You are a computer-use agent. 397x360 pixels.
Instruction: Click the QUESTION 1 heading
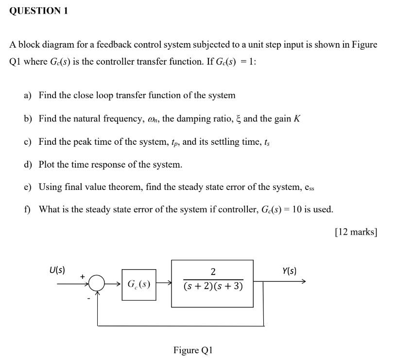coord(38,11)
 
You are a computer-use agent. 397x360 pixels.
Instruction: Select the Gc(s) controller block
coord(139,284)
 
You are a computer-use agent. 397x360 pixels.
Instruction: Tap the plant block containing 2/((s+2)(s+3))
coord(212,283)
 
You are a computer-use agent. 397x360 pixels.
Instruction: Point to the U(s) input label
coord(57,270)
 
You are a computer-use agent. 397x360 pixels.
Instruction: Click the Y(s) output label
coord(289,271)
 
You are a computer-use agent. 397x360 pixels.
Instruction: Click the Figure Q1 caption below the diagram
coord(193,350)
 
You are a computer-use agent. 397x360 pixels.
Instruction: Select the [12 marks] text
coord(356,232)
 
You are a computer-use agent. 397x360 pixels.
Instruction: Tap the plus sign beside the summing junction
coord(83,276)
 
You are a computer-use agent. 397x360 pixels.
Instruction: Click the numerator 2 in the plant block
coord(213,272)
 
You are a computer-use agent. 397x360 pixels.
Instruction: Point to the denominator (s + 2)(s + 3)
coord(213,286)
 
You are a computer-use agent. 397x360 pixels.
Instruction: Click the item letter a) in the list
coord(27,96)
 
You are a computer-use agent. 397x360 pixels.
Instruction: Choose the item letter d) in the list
coord(28,165)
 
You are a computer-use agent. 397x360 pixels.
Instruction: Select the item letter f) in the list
coord(27,210)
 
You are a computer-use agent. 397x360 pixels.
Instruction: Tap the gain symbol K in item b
coord(297,119)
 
